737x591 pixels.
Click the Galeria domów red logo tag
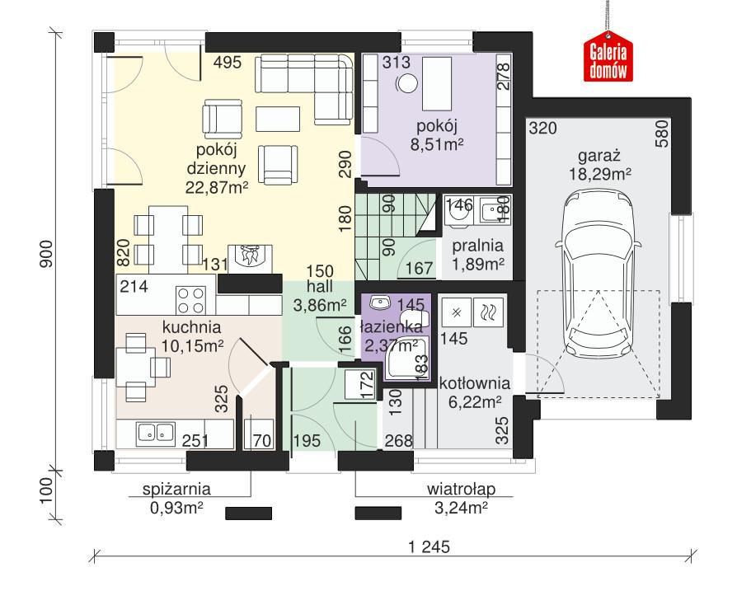(x=609, y=59)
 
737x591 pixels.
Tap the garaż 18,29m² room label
(x=599, y=165)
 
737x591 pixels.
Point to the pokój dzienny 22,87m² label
(x=217, y=167)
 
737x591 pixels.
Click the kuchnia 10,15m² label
(x=193, y=336)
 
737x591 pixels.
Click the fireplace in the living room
(x=249, y=256)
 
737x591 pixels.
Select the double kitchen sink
(x=154, y=430)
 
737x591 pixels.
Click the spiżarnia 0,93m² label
(x=170, y=495)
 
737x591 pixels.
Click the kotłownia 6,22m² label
(x=475, y=392)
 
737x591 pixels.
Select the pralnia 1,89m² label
(x=477, y=256)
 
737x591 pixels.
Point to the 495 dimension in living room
(x=227, y=63)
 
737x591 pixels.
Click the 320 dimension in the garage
(x=542, y=129)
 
